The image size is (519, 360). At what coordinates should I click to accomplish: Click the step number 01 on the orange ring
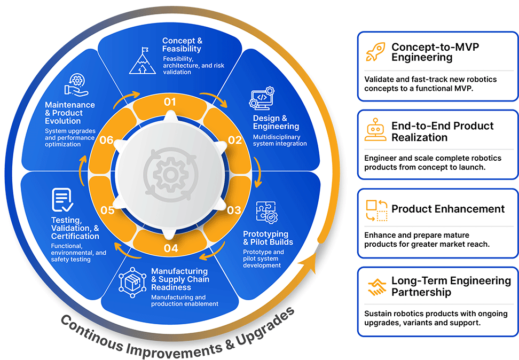click(170, 101)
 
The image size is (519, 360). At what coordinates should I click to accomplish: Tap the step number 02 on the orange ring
click(235, 140)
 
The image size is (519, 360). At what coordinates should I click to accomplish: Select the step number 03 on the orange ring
click(234, 210)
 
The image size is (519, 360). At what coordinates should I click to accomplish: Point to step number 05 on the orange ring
click(107, 210)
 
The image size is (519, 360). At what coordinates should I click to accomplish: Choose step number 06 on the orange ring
click(106, 140)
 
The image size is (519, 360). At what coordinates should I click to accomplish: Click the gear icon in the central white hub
click(170, 175)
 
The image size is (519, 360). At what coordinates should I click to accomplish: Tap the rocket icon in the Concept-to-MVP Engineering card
click(375, 52)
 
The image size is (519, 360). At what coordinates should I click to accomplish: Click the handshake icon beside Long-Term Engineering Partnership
click(376, 286)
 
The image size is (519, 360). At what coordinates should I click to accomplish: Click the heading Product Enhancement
click(448, 209)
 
